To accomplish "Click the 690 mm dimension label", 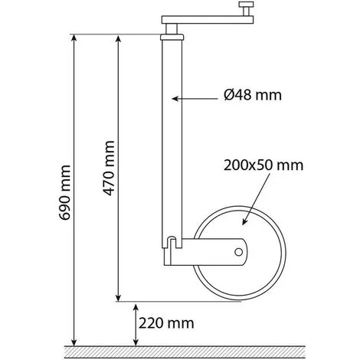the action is pyautogui.click(x=64, y=193).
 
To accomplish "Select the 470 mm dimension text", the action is pyautogui.click(x=109, y=168).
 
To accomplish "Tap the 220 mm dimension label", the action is pyautogui.click(x=166, y=323).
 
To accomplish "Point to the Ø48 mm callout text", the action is pyautogui.click(x=253, y=95).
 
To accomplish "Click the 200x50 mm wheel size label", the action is pyautogui.click(x=263, y=165).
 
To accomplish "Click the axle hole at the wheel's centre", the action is pyautogui.click(x=238, y=252).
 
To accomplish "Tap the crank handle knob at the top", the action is pyautogui.click(x=246, y=8).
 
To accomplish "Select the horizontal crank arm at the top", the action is pyautogui.click(x=208, y=20).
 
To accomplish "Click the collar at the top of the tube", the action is pyautogui.click(x=172, y=37).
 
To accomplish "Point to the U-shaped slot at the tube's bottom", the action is pyautogui.click(x=172, y=243).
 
